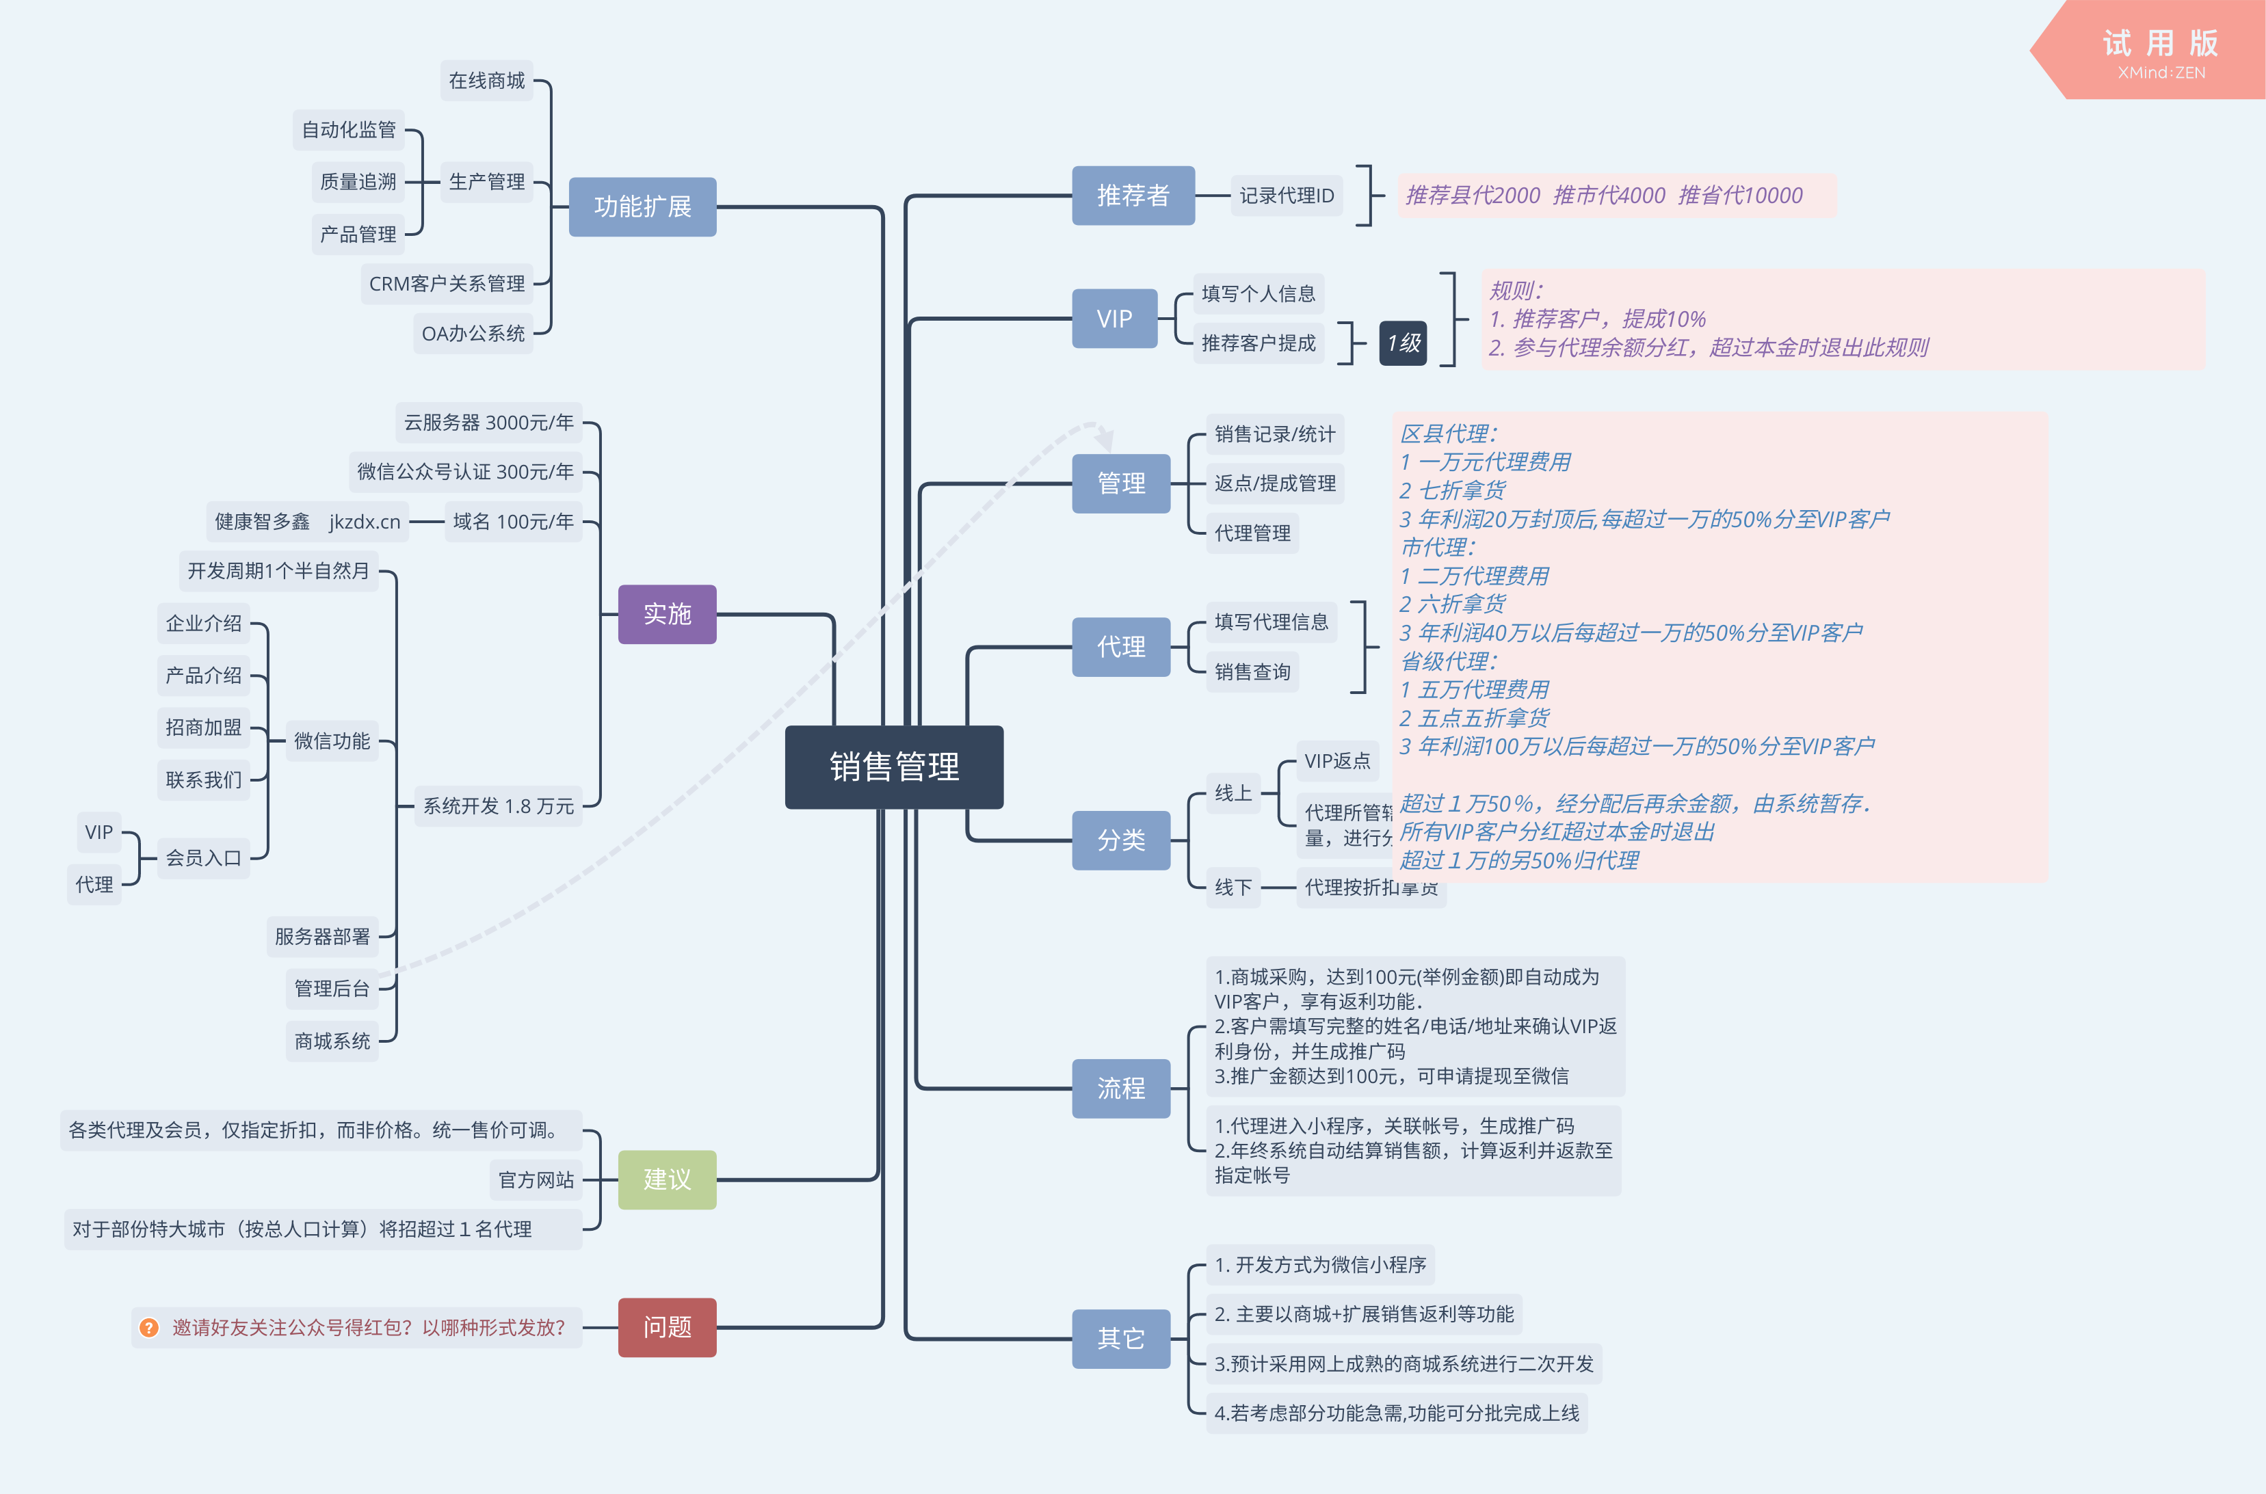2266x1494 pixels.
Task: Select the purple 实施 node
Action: click(667, 613)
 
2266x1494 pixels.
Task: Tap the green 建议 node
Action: click(667, 1179)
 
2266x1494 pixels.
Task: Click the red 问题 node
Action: click(667, 1327)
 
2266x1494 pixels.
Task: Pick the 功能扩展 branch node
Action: click(642, 206)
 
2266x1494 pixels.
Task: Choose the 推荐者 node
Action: click(1132, 196)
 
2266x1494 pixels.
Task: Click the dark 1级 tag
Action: click(1403, 343)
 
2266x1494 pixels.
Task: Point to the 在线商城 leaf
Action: click(487, 81)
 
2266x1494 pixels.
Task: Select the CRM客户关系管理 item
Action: click(447, 284)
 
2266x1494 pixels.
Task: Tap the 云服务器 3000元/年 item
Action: click(489, 422)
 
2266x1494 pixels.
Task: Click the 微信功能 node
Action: click(332, 741)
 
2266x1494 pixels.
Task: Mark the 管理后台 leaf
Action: click(332, 988)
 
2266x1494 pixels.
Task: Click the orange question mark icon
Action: click(148, 1327)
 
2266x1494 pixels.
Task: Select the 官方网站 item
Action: click(536, 1179)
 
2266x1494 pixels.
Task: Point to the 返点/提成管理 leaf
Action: click(1275, 483)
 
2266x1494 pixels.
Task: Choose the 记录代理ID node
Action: click(1287, 196)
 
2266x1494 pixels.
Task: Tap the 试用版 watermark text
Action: click(2160, 44)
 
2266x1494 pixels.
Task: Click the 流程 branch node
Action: click(1120, 1088)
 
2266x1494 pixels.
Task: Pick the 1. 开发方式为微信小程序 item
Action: click(1320, 1264)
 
